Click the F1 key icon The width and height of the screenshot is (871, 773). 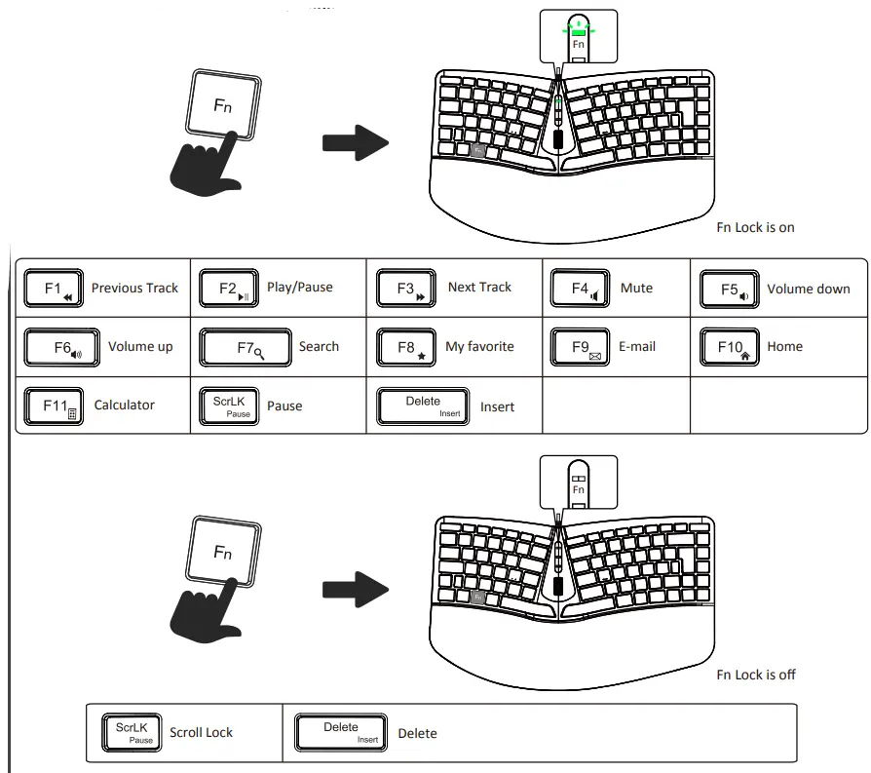pyautogui.click(x=54, y=288)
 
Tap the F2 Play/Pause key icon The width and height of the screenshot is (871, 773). pyautogui.click(x=229, y=288)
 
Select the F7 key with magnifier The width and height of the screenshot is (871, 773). pyautogui.click(x=246, y=347)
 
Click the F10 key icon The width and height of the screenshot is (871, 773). pyautogui.click(x=730, y=347)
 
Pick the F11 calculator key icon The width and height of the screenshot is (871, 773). pyautogui.click(x=54, y=406)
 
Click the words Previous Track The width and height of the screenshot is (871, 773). pyautogui.click(x=134, y=288)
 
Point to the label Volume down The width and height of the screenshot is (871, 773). pyautogui.click(x=809, y=289)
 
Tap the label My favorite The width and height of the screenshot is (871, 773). pyautogui.click(x=479, y=347)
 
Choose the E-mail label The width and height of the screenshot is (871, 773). pyautogui.click(x=637, y=347)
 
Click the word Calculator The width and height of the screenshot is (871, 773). pyautogui.click(x=124, y=405)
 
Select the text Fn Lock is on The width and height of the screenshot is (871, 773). pyautogui.click(x=755, y=227)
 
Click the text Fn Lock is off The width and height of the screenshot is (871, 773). pyautogui.click(x=756, y=675)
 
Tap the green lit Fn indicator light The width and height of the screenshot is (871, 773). pyautogui.click(x=579, y=33)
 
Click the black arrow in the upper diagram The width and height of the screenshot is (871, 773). pyautogui.click(x=356, y=143)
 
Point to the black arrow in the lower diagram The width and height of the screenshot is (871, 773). pyautogui.click(x=356, y=590)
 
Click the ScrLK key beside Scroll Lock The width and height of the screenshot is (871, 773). pyautogui.click(x=132, y=733)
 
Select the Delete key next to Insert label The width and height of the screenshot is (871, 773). pyautogui.click(x=423, y=406)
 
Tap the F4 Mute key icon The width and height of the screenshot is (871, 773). pyautogui.click(x=580, y=288)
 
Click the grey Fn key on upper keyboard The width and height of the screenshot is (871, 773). pyautogui.click(x=477, y=150)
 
